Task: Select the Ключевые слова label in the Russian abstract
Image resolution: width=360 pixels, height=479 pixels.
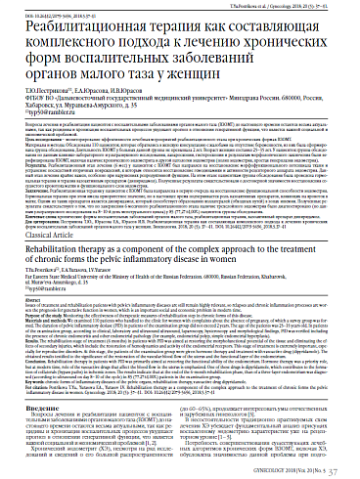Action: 24,204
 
